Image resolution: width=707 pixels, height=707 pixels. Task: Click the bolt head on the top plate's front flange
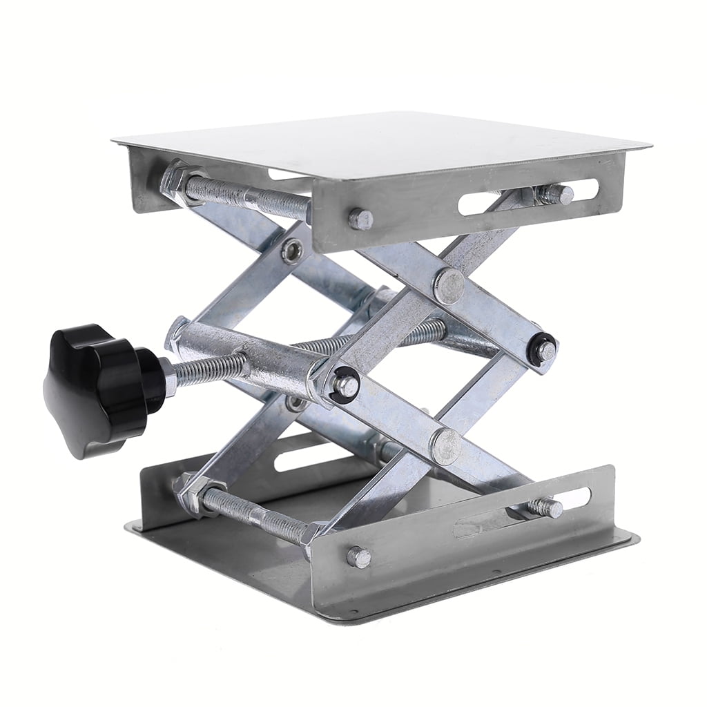[360, 220]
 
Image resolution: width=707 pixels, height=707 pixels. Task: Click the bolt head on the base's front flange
[358, 556]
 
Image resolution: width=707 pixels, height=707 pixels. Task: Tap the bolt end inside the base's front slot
[546, 508]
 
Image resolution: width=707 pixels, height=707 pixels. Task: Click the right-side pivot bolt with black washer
[545, 350]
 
